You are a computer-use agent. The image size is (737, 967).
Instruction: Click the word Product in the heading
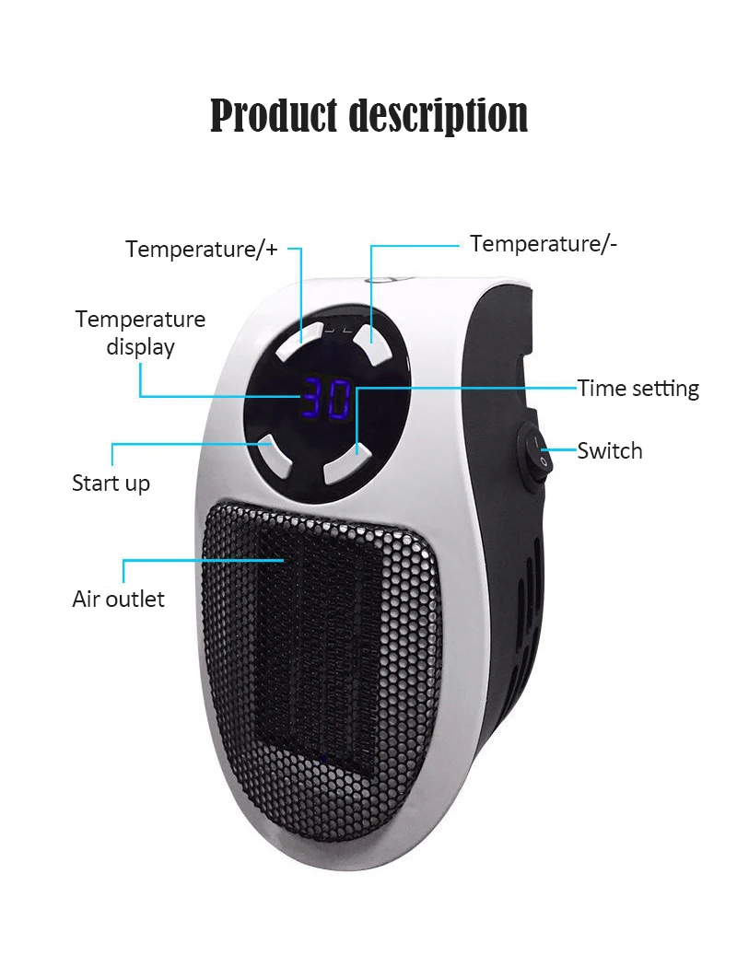[x=273, y=116]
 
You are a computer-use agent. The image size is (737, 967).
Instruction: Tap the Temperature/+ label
[x=202, y=249]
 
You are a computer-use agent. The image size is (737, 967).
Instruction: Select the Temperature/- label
[x=544, y=243]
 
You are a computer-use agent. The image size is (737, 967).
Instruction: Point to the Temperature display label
[x=140, y=332]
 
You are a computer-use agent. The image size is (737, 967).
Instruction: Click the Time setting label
[x=638, y=388]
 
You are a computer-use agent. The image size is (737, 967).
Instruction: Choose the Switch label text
[x=609, y=450]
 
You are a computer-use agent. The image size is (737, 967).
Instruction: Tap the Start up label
[x=111, y=483]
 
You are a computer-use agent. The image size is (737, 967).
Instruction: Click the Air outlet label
[x=118, y=599]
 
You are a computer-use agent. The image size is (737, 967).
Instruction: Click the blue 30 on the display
[x=326, y=398]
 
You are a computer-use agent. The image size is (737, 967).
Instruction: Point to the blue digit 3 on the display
[x=313, y=398]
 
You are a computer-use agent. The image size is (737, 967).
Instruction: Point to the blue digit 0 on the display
[x=338, y=399]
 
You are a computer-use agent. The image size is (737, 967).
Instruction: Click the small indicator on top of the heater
[x=380, y=280]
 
